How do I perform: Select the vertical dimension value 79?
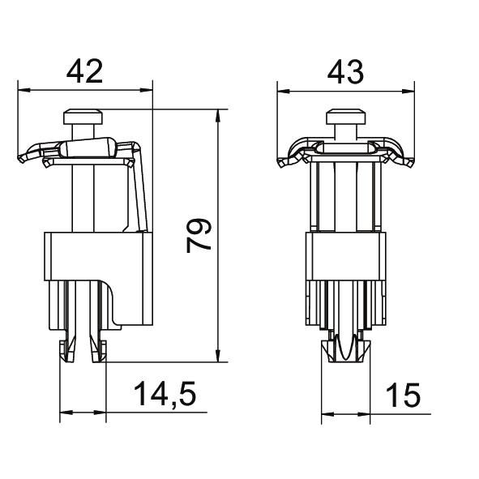coord(199,236)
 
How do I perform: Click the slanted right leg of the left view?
coord(140,195)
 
